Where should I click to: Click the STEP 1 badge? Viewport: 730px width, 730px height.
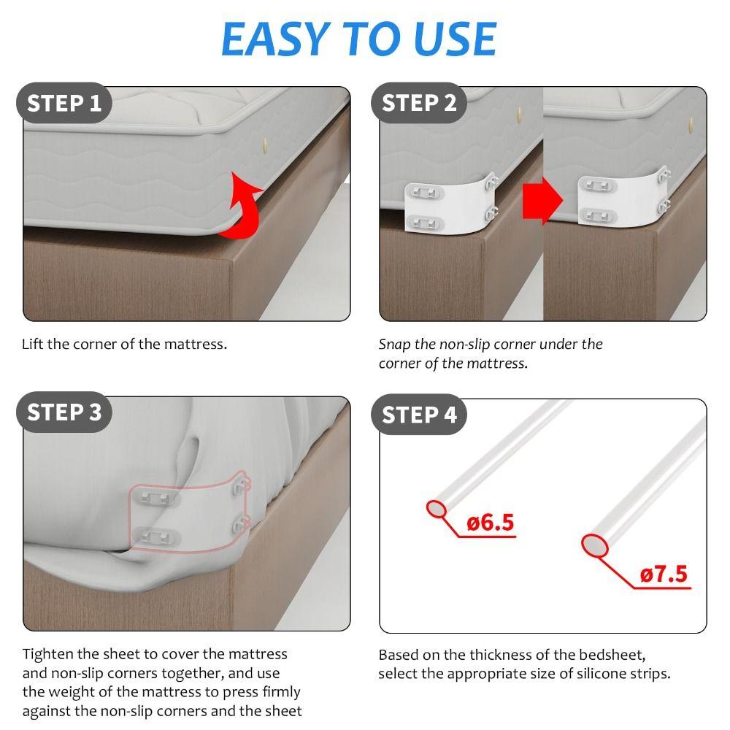tap(64, 103)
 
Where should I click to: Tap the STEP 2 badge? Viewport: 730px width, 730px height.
tap(419, 103)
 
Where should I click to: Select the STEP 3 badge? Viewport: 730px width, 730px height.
tap(64, 412)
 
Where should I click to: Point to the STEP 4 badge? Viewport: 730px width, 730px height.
tap(419, 415)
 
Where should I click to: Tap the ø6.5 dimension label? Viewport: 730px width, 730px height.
tap(491, 523)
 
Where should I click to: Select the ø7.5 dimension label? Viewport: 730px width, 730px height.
tap(664, 575)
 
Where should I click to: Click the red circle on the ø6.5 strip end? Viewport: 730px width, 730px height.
tap(437, 509)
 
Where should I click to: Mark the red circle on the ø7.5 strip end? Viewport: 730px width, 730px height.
tap(594, 545)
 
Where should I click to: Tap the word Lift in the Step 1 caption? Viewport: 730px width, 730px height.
tap(33, 344)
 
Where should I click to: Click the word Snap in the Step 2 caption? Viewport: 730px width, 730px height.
tap(394, 345)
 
